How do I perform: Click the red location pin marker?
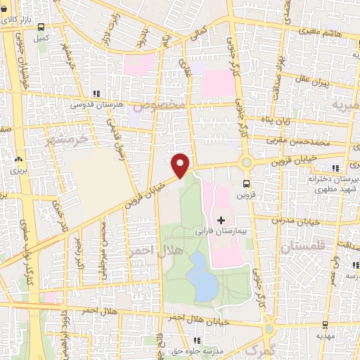tap(181, 165)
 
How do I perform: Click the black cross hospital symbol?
tap(222, 221)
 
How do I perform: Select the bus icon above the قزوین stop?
tap(245, 185)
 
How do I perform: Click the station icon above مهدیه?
tap(325, 326)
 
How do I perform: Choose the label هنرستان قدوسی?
tap(98, 104)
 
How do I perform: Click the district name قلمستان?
tap(303, 247)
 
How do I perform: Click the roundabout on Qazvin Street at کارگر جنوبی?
tap(246, 163)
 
